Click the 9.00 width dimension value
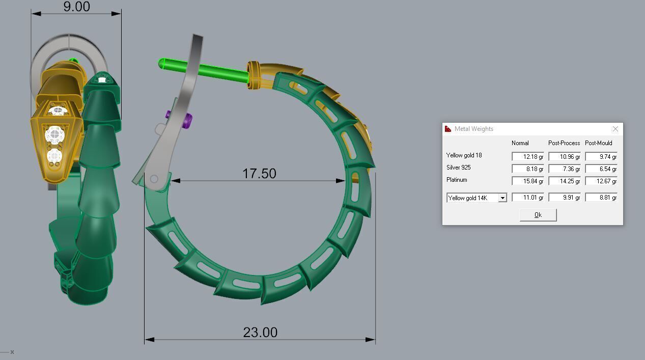[x=76, y=7]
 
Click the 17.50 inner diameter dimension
[x=259, y=174]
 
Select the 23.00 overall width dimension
[x=260, y=333]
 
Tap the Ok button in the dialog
[x=538, y=215]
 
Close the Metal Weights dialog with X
[x=615, y=129]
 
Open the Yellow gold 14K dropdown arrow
[x=502, y=198]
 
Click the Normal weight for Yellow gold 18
[x=527, y=157]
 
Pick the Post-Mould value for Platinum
[x=601, y=181]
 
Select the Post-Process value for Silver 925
[x=564, y=169]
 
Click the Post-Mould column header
[x=598, y=143]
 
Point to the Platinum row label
[x=456, y=180]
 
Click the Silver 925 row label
[x=458, y=168]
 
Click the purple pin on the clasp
[x=187, y=121]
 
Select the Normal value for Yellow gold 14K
[x=527, y=198]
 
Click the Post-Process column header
[x=564, y=143]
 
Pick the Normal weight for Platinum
[x=527, y=181]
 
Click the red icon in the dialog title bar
[x=448, y=129]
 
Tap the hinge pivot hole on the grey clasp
[x=154, y=179]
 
